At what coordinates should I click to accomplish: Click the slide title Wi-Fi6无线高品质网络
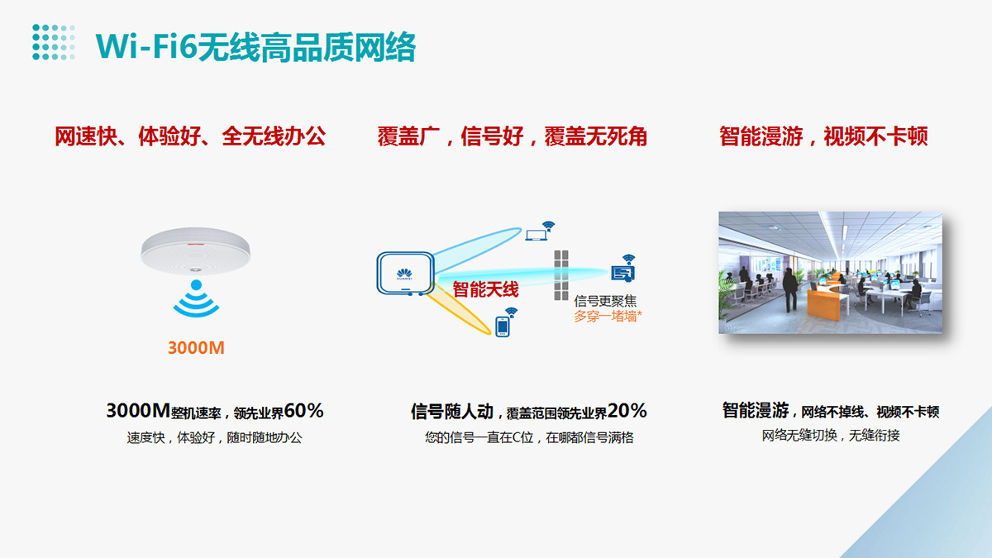[255, 47]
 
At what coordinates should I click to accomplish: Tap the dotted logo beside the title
[54, 42]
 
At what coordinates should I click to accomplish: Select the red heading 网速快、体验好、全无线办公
[190, 136]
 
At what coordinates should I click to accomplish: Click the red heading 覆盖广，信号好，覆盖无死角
[512, 136]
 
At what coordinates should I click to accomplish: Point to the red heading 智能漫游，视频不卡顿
[823, 136]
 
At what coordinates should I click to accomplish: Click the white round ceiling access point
[196, 250]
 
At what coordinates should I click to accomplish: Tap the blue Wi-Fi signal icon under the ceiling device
[196, 298]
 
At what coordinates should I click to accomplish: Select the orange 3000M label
[196, 348]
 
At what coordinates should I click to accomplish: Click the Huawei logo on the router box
[404, 274]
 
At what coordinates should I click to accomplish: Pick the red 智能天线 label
[485, 289]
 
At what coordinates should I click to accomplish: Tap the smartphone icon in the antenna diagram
[503, 327]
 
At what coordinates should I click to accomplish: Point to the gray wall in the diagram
[561, 275]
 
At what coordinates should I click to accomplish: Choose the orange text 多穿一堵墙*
[608, 316]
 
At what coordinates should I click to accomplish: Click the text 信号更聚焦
[605, 301]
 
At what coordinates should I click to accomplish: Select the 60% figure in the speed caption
[304, 411]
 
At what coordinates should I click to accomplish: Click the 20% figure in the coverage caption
[627, 411]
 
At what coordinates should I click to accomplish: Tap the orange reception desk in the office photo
[826, 300]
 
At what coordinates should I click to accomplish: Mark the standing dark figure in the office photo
[790, 289]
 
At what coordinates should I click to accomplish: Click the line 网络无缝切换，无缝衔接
[831, 436]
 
